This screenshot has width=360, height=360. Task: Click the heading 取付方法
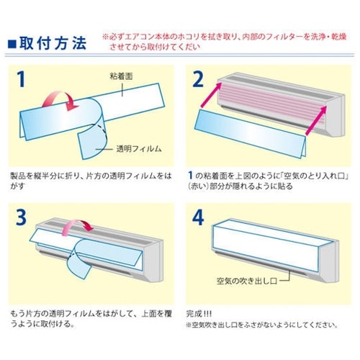(x=53, y=43)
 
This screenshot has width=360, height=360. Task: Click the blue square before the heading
(x=12, y=44)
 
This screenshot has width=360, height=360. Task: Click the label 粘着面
(x=121, y=76)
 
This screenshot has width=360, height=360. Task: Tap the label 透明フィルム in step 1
(x=139, y=149)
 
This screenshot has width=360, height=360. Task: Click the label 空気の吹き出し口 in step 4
(x=247, y=281)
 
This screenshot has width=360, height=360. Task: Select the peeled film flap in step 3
(x=79, y=266)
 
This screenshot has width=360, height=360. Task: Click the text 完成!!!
(x=199, y=314)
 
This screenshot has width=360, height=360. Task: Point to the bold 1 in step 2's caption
(x=191, y=176)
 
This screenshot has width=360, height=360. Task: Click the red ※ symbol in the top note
(x=106, y=37)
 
